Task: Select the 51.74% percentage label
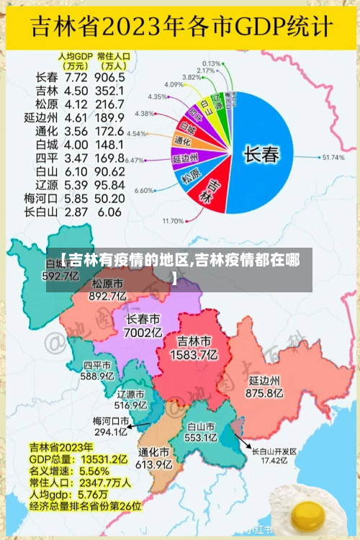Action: click(x=333, y=157)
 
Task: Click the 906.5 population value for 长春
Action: click(x=109, y=77)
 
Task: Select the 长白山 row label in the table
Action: click(x=40, y=212)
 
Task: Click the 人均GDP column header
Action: click(x=75, y=55)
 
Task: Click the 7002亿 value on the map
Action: click(x=143, y=333)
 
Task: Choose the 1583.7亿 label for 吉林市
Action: click(x=194, y=354)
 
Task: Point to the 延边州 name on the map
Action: click(x=264, y=380)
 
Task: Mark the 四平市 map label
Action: click(x=97, y=364)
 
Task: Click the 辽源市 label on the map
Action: click(x=130, y=395)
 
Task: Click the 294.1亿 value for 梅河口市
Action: click(x=110, y=432)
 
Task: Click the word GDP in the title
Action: click(x=248, y=27)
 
